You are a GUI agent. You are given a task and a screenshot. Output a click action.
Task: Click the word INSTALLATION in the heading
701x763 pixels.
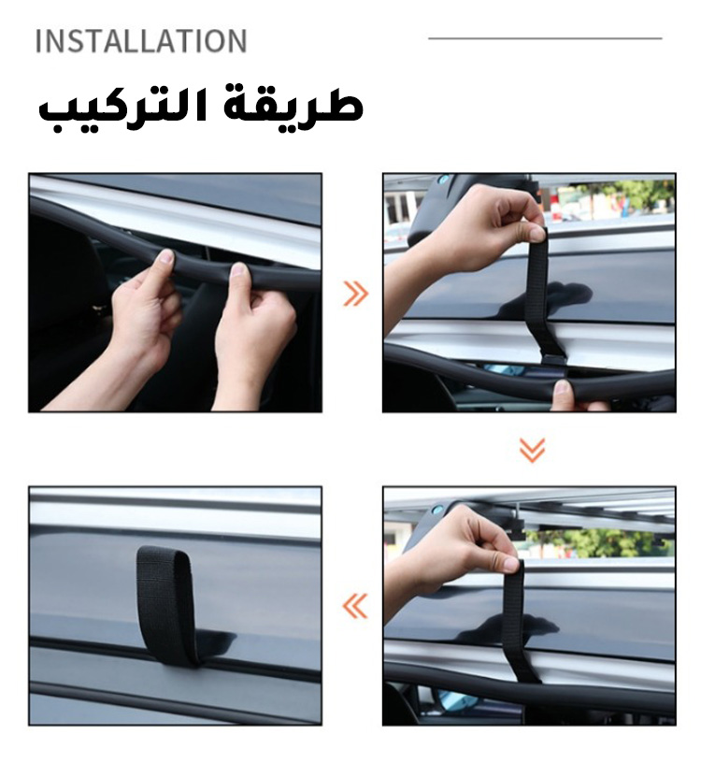click(141, 41)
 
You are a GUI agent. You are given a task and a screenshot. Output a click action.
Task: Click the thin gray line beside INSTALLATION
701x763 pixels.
click(545, 38)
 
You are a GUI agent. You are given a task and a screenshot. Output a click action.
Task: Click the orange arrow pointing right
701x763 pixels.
click(356, 294)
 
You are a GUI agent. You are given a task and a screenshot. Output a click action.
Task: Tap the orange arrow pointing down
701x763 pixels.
click(532, 450)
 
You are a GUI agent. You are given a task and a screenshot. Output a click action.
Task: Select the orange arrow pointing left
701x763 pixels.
click(355, 606)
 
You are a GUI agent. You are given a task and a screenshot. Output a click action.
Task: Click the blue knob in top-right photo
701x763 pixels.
click(442, 180)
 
